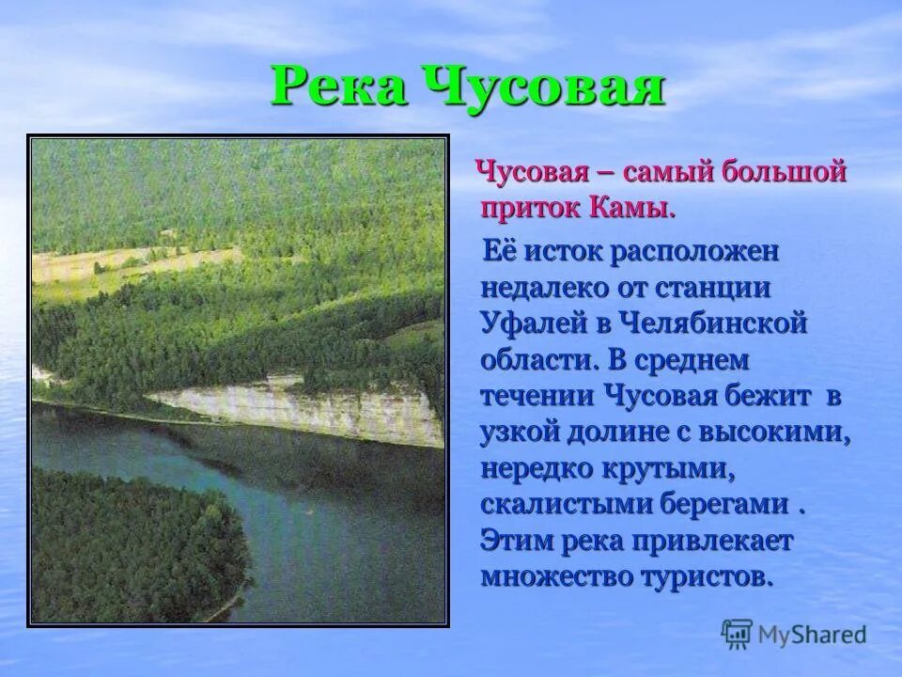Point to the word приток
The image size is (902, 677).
tap(530, 207)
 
